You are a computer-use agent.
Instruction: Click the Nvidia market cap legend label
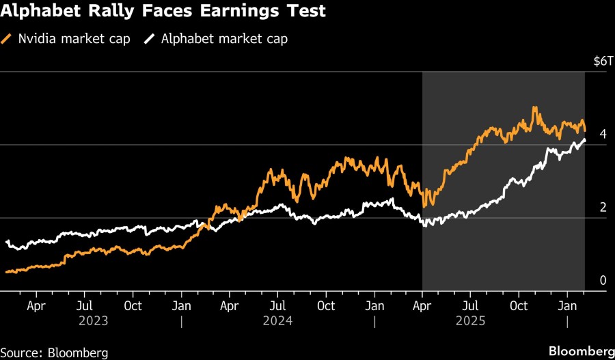[74, 39]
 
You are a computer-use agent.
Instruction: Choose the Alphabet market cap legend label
[224, 39]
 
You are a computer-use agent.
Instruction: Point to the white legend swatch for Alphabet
[150, 39]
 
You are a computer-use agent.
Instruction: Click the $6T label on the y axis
[599, 61]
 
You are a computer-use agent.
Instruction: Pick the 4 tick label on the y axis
[603, 135]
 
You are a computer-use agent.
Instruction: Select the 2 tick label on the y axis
[603, 208]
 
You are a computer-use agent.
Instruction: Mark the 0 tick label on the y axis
[603, 281]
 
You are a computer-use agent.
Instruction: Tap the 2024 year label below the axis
[278, 320]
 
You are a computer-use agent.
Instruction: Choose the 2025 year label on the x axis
[471, 320]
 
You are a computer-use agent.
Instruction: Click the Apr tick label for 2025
[422, 305]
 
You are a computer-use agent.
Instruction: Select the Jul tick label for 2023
[84, 305]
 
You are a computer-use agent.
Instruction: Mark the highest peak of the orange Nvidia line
[534, 107]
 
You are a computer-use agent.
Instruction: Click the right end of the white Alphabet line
[584, 140]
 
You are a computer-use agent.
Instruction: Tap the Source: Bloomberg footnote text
[55, 352]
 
